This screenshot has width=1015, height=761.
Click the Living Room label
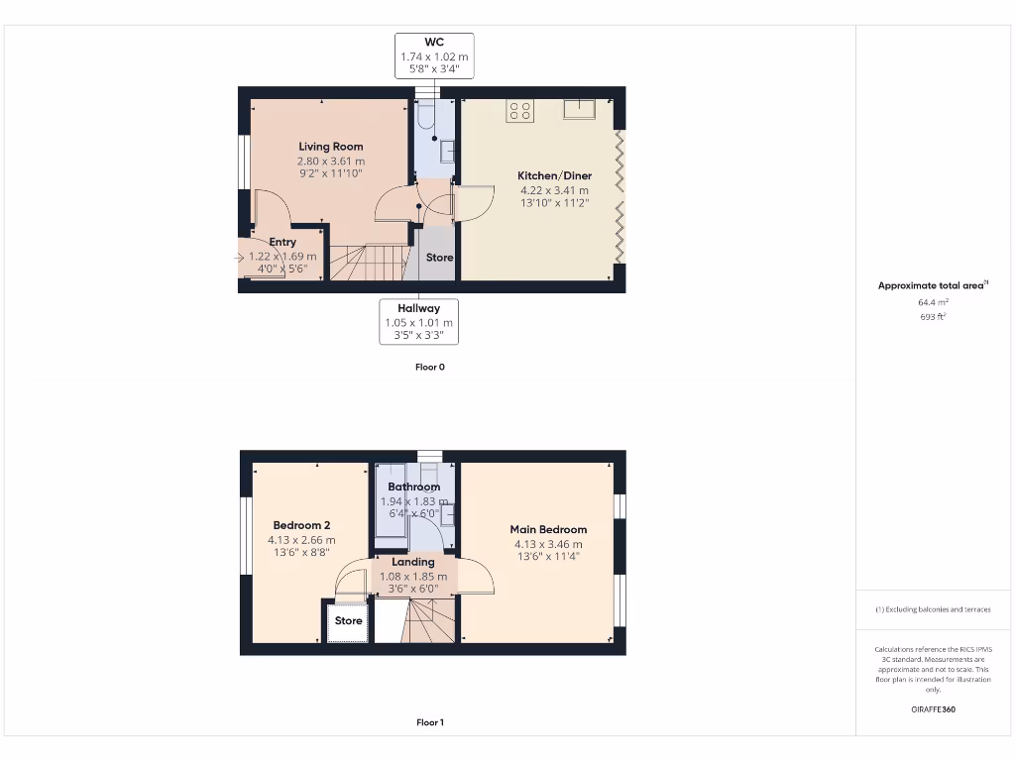tap(331, 147)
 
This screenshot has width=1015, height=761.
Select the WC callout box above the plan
tap(434, 56)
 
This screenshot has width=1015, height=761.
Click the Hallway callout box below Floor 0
tap(418, 322)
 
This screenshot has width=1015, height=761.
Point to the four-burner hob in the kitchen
tap(520, 111)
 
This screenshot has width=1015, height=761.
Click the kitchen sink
tap(579, 109)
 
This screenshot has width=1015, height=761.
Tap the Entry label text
tap(282, 242)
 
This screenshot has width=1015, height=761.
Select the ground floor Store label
tap(439, 258)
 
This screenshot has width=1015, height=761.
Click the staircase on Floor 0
tap(367, 263)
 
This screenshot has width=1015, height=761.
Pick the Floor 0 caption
tap(430, 367)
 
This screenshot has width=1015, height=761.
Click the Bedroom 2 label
tap(301, 525)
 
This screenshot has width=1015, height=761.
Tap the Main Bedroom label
tap(548, 529)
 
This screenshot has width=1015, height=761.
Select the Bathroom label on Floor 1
tap(414, 487)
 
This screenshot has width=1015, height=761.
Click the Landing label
tap(414, 562)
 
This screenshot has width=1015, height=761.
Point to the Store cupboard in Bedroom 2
tap(348, 621)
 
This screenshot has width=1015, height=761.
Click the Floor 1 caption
tap(430, 722)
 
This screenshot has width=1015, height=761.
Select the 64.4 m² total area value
tap(932, 302)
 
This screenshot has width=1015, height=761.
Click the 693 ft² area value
tap(932, 317)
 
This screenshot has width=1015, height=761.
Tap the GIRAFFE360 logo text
tap(933, 709)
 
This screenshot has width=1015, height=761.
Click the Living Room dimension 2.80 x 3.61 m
tap(331, 161)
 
